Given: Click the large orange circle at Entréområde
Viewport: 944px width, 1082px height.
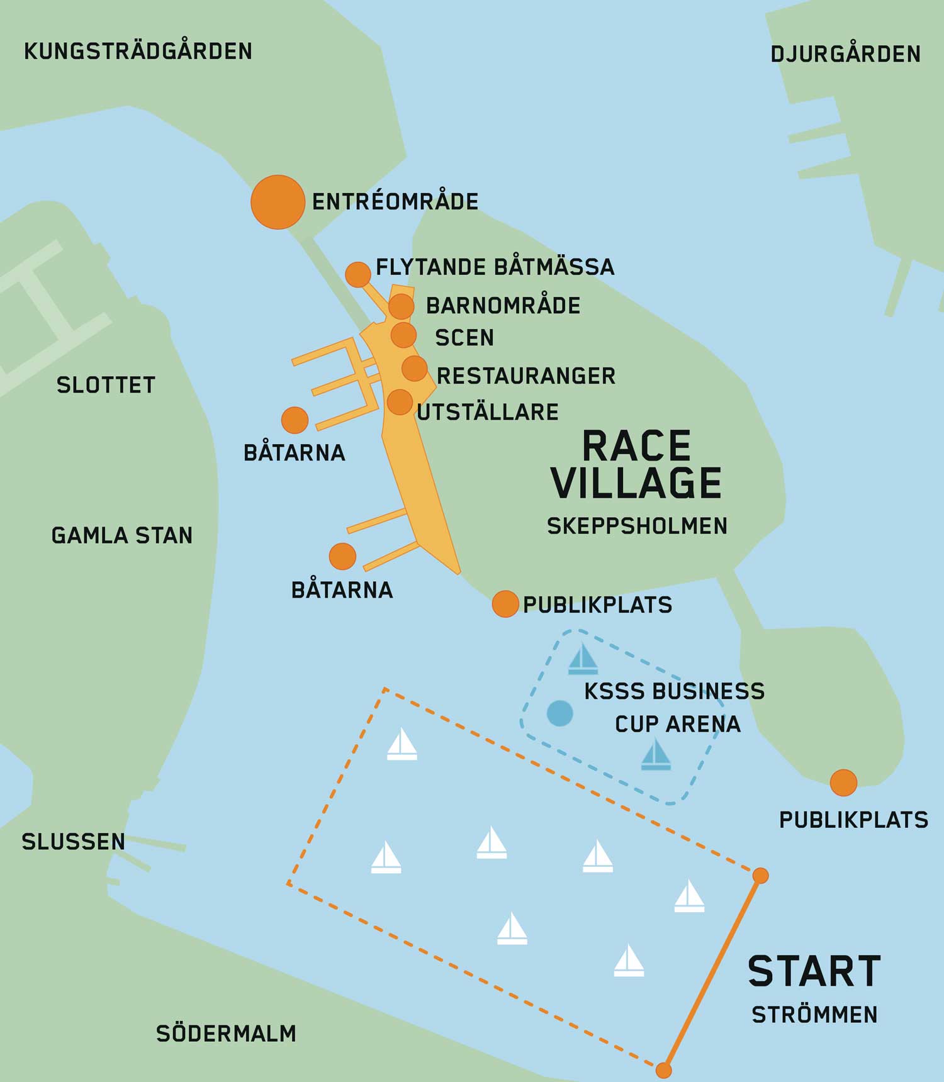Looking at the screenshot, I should (x=278, y=202).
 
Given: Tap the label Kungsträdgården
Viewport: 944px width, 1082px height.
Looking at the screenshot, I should (x=138, y=51).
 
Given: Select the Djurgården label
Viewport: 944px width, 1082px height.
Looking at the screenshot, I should (x=845, y=54).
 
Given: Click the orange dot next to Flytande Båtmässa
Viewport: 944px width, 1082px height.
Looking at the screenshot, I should (x=358, y=275).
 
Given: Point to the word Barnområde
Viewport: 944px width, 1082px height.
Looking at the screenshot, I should (x=503, y=306).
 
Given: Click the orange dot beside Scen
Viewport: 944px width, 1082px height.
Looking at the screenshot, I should (x=403, y=335).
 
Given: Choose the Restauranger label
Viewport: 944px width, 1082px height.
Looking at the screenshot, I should (x=526, y=376).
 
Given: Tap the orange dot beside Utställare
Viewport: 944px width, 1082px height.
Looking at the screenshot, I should (x=400, y=402).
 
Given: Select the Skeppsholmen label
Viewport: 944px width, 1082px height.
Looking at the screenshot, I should (x=637, y=526).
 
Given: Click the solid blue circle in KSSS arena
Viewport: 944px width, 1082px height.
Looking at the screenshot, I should (x=559, y=713).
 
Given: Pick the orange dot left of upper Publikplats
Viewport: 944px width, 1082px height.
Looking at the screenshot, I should (x=505, y=604).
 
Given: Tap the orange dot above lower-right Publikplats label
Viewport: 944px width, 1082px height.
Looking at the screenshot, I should (x=843, y=783).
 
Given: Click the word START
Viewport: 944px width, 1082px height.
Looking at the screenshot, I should (x=814, y=971).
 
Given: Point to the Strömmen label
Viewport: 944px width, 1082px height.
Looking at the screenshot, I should (x=814, y=1015).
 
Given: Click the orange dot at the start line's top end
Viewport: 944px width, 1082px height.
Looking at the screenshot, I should (x=760, y=875).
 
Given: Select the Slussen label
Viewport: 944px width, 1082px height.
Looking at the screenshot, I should (x=73, y=842).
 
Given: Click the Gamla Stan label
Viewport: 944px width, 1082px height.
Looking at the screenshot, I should (x=121, y=535).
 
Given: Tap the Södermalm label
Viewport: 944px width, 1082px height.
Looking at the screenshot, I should (x=226, y=1034).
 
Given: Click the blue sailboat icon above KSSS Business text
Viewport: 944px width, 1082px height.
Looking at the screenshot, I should (x=583, y=659).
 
